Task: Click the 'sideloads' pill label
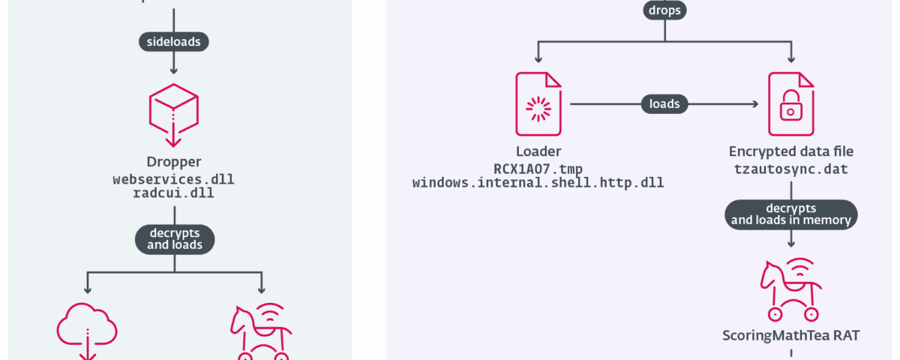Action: (x=174, y=42)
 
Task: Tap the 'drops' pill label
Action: (x=664, y=11)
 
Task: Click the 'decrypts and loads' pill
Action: (x=173, y=239)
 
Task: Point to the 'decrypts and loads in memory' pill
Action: (x=791, y=214)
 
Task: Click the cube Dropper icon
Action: (x=173, y=114)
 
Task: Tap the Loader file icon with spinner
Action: (x=538, y=104)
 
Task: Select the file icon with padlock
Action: (x=790, y=104)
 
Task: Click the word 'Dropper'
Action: (x=174, y=162)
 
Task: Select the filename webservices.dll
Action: (x=174, y=180)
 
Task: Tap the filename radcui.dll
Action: (x=174, y=194)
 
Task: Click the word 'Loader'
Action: (x=538, y=151)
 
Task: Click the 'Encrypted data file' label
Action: (x=791, y=151)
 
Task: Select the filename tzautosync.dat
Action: (x=791, y=169)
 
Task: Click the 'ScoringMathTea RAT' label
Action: (x=791, y=335)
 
